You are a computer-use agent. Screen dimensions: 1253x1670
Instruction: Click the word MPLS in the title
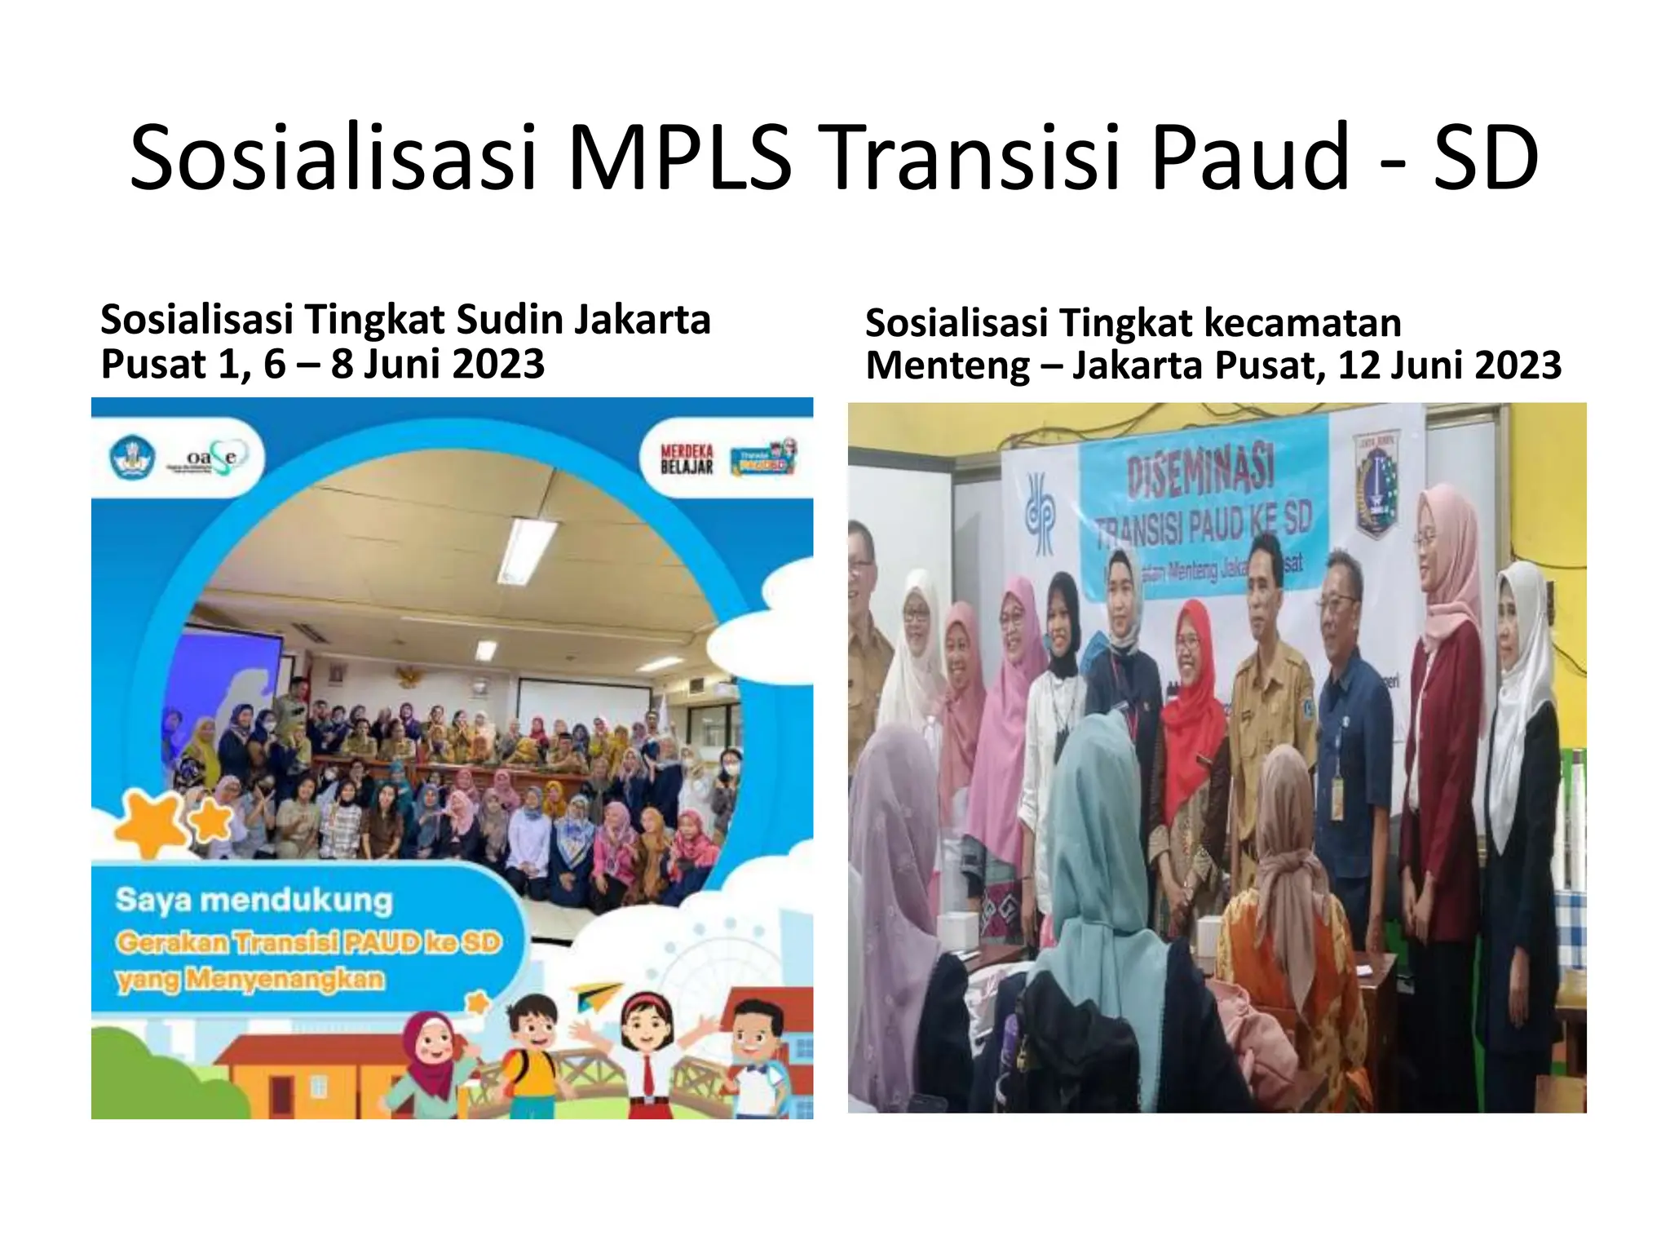coord(678,157)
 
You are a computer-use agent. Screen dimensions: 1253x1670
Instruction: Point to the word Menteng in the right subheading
coord(947,365)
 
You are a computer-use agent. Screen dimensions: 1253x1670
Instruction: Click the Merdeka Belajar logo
coord(687,458)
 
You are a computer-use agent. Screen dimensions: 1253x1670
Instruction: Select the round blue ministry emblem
coord(132,458)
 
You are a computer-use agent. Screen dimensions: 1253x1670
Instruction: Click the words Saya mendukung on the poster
coord(254,901)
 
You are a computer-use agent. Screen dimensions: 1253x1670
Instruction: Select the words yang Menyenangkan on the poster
coord(250,979)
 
